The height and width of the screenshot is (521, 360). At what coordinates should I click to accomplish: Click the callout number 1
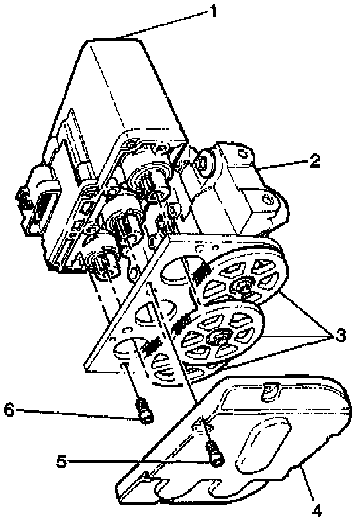click(212, 12)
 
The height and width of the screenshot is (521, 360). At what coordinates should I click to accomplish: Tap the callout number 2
click(314, 161)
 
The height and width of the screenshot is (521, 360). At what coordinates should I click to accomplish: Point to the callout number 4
click(317, 509)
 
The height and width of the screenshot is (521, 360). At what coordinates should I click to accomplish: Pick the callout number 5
click(62, 461)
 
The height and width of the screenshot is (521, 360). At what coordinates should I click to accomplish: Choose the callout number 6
click(9, 410)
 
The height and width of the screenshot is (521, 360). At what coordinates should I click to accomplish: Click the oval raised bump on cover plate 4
click(263, 444)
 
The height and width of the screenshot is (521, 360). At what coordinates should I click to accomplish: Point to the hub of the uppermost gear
click(243, 285)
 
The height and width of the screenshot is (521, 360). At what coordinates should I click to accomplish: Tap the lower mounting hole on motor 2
click(269, 200)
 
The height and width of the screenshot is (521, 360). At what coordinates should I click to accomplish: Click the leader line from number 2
click(283, 165)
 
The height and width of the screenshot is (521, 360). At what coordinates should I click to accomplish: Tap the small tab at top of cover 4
click(270, 389)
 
